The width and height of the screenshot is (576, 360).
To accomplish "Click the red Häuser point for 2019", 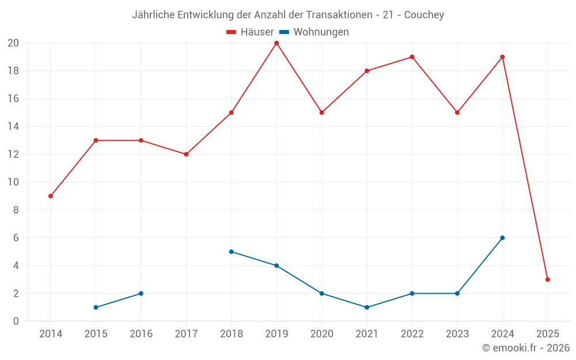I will click(276, 43).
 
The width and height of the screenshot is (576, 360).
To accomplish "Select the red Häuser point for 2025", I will click(548, 279).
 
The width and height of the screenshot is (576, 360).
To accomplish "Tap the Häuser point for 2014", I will click(51, 196).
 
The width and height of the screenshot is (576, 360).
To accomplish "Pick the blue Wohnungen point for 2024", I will click(502, 238).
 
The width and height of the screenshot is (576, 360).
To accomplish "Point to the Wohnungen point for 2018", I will click(231, 252).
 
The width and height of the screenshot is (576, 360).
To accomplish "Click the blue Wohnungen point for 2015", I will click(96, 307).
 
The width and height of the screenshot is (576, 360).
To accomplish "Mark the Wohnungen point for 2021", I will click(367, 307).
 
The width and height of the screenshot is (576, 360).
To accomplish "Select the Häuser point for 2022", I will click(412, 57).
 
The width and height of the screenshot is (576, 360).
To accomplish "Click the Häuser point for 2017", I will click(186, 154).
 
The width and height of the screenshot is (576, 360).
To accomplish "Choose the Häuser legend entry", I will click(250, 32).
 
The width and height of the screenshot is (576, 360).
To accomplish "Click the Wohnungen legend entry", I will click(314, 32).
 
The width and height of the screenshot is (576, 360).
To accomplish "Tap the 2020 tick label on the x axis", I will click(321, 334).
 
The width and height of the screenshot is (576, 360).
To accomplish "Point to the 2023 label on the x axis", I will click(457, 334).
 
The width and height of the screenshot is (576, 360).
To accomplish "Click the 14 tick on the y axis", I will click(13, 127).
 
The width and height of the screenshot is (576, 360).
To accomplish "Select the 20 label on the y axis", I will click(13, 43).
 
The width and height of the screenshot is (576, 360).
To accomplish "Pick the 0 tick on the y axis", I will click(16, 321).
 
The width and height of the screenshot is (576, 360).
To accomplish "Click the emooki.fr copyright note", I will click(526, 348).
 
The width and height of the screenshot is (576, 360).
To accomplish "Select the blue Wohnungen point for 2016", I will click(141, 293).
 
